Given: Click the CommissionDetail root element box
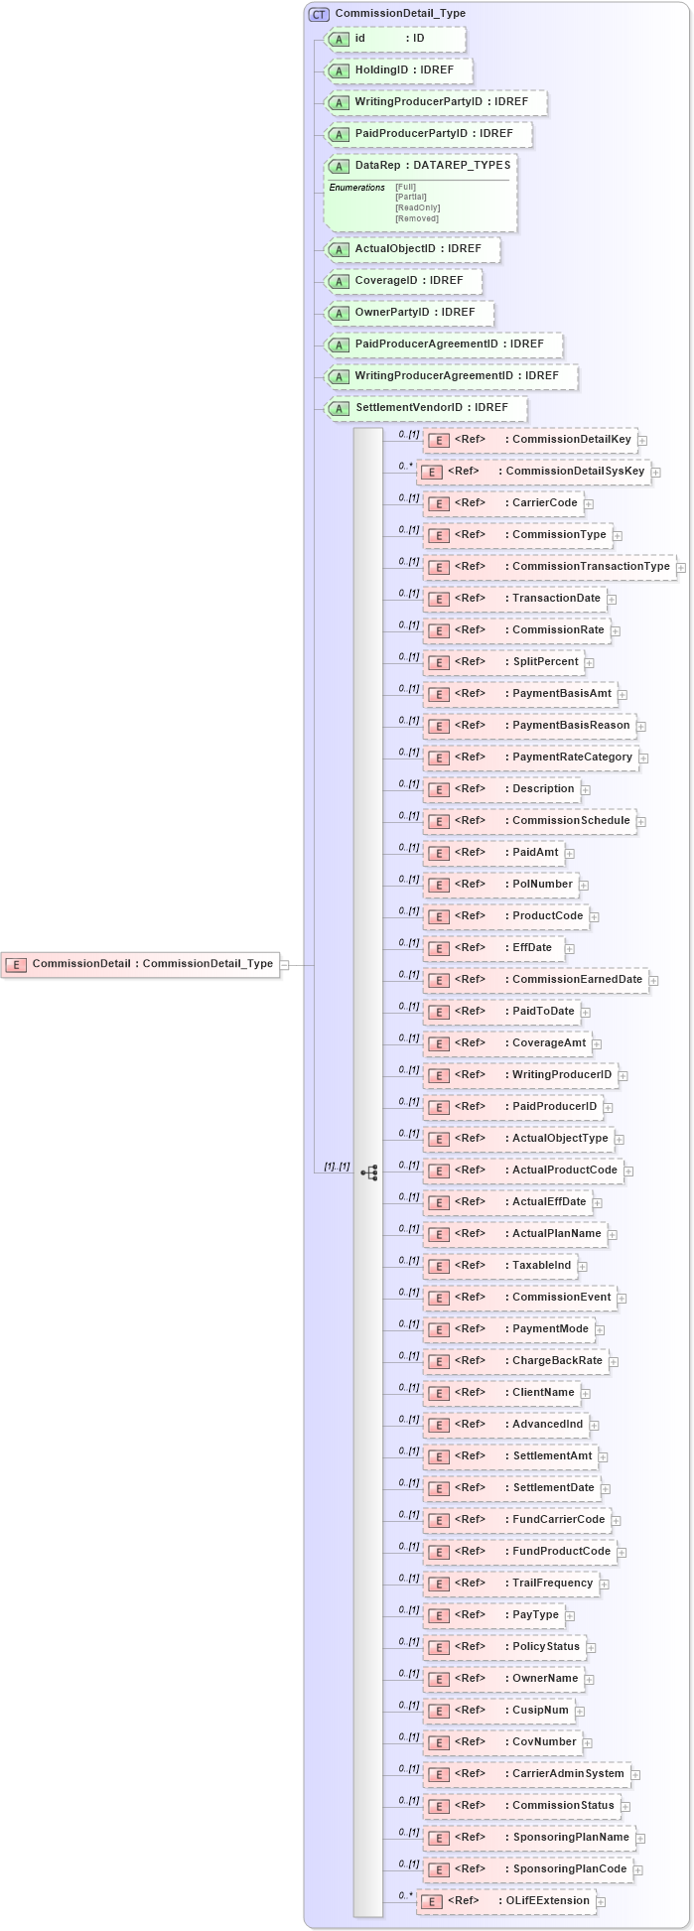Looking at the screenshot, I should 140,964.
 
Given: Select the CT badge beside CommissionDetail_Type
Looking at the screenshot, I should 319,14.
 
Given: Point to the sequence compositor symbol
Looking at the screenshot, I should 368,1172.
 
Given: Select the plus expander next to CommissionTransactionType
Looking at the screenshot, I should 681,568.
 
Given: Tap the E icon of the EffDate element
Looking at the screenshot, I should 438,948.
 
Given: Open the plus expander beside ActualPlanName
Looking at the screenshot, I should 613,1234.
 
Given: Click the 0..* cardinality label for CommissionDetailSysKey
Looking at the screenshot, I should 405,465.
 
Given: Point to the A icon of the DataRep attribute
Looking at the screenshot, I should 339,166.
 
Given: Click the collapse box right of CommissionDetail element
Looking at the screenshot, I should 284,964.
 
